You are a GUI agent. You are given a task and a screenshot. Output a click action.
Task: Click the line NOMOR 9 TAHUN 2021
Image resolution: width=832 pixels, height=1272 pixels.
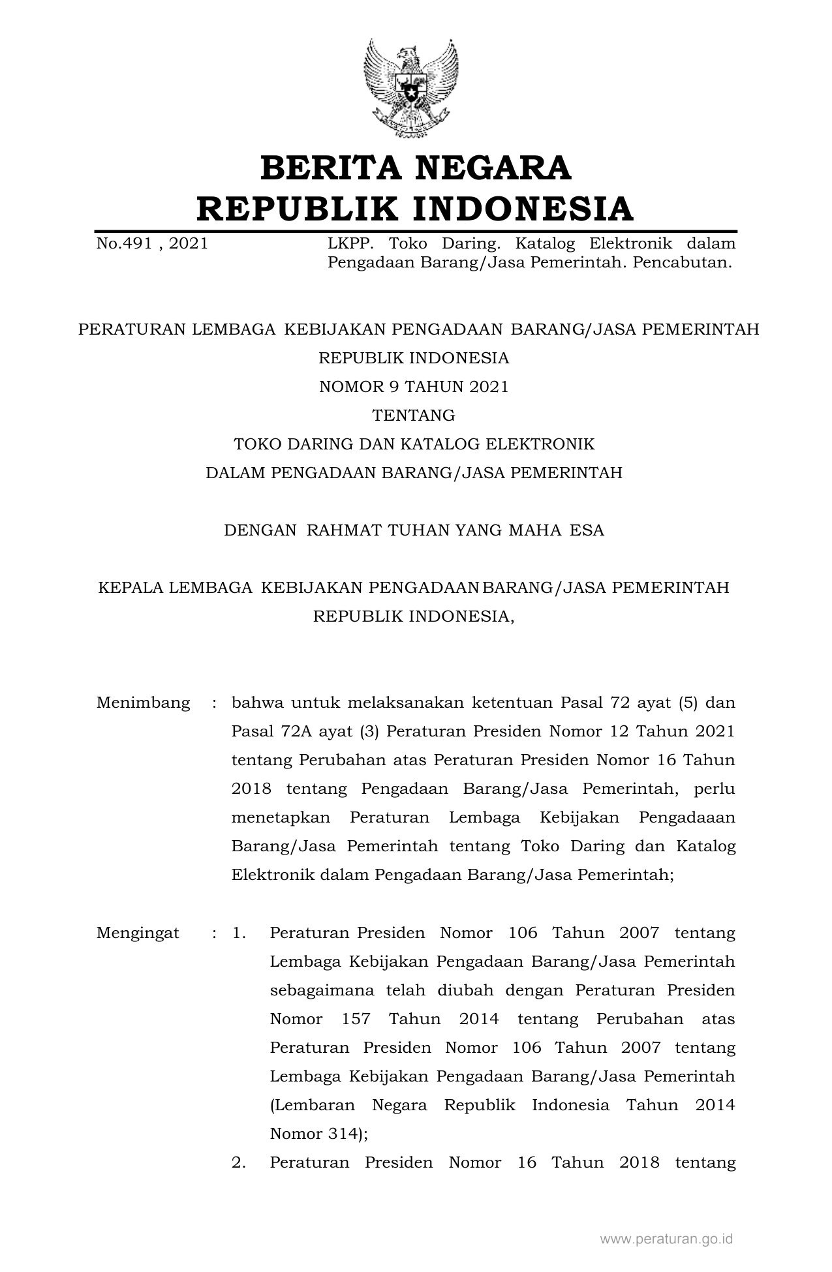(414, 387)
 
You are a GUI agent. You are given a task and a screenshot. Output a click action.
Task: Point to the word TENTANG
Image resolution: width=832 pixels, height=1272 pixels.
(414, 416)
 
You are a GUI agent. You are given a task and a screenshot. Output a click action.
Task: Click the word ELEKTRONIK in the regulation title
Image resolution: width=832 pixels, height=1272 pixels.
(540, 444)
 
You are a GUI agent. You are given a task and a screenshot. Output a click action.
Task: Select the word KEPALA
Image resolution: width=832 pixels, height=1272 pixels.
(131, 588)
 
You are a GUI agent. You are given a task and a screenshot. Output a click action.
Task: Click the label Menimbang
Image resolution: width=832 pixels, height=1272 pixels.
(144, 703)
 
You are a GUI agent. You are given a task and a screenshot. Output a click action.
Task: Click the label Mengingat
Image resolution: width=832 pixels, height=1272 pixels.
(138, 933)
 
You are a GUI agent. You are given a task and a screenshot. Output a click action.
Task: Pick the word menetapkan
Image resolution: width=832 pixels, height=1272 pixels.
(281, 817)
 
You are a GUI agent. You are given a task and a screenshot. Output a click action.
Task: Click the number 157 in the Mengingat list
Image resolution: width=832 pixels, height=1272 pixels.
(356, 1019)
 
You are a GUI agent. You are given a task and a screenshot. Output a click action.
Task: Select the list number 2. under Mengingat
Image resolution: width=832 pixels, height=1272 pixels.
(239, 1162)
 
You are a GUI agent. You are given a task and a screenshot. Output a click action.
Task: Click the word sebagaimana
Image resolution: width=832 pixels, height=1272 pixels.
(322, 990)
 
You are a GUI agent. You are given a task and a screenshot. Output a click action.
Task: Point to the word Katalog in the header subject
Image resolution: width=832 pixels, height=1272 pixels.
(545, 244)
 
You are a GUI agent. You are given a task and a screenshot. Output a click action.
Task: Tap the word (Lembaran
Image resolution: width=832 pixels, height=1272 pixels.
(313, 1105)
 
